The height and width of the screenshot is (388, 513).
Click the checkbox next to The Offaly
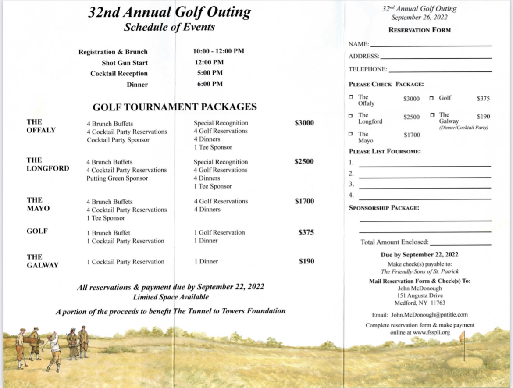(351, 98)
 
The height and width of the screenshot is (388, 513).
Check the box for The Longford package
(351, 116)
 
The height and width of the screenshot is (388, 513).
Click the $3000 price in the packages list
(304, 123)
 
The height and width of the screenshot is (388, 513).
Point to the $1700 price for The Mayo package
(304, 202)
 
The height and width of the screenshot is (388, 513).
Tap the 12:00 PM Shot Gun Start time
(209, 62)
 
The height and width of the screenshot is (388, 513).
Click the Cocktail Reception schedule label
(119, 74)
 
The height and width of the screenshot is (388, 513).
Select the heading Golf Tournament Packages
(175, 107)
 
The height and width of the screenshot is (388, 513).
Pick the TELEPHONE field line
(440, 71)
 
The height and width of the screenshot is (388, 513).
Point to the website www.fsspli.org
(431, 333)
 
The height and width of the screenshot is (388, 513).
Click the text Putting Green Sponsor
(117, 178)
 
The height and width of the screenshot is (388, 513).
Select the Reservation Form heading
(419, 30)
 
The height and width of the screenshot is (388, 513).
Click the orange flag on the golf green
(461, 337)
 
